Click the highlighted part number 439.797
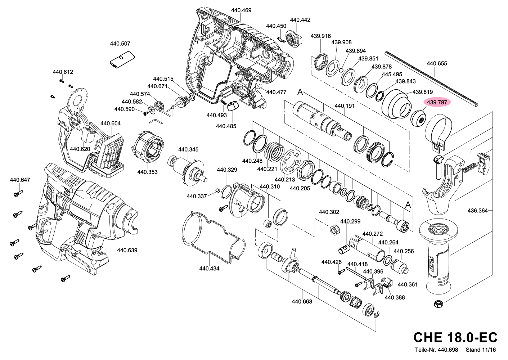point(437,103)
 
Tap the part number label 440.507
point(120,44)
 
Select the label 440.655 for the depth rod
point(437,63)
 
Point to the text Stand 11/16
point(481,350)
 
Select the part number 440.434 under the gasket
point(209,269)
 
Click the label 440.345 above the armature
point(188,150)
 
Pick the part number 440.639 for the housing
point(127,250)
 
